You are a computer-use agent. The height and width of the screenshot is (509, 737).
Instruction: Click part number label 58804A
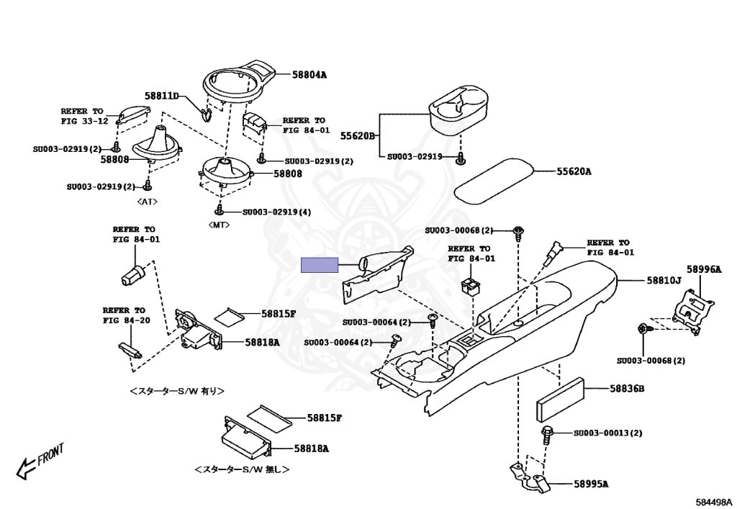pos(309,74)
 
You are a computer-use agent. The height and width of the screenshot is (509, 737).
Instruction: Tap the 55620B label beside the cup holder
pos(358,135)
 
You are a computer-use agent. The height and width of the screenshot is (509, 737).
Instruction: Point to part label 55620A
pos(574,171)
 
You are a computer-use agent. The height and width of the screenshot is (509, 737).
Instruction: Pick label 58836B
pos(627,389)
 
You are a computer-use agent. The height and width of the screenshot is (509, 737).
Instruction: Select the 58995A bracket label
pos(591,483)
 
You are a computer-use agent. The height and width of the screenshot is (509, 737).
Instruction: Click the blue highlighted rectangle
pos(319,265)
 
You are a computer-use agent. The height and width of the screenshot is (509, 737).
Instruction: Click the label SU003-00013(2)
pos(607,433)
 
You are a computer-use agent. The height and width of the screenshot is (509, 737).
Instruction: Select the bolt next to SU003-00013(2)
pos(547,434)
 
